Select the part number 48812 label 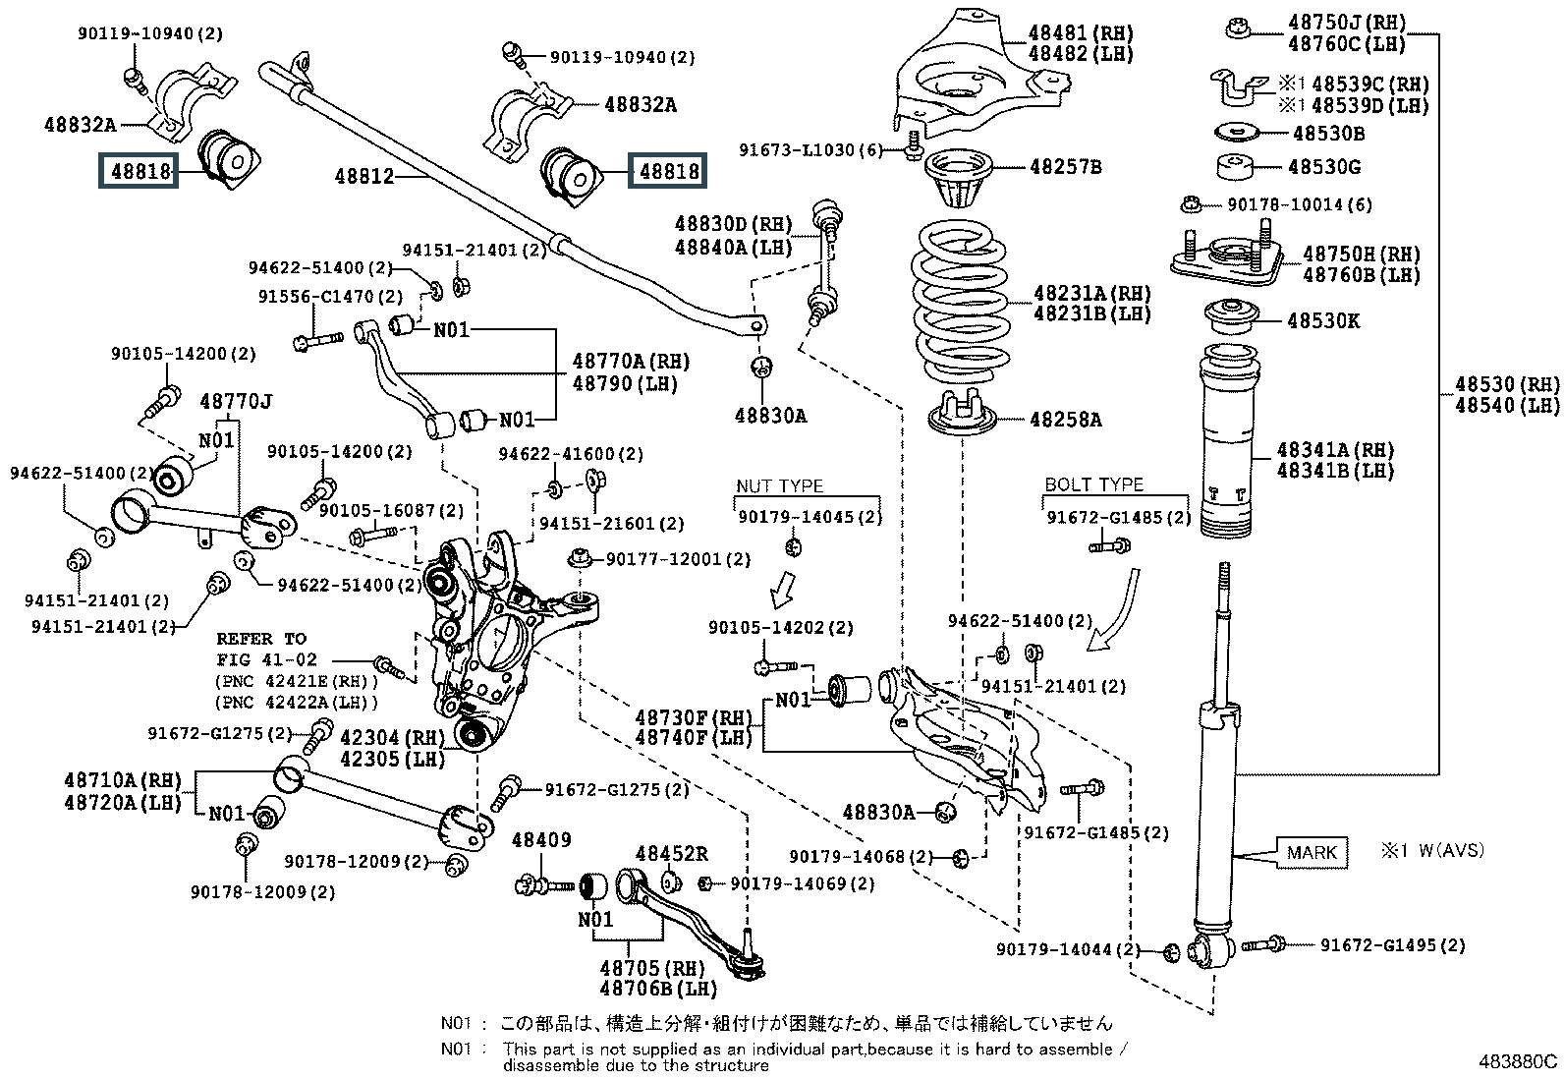(363, 177)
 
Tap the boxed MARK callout (1311, 852)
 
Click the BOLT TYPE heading (1093, 484)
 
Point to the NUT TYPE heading (779, 486)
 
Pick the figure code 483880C (1519, 1061)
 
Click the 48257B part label (1065, 167)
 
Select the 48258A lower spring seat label (1065, 421)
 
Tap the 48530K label (1323, 320)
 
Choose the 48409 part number (540, 840)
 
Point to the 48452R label (672, 854)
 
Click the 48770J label (236, 401)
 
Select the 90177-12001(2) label (678, 559)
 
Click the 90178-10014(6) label (1300, 204)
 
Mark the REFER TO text (261, 639)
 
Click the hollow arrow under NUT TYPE (783, 590)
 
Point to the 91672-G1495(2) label (1392, 945)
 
